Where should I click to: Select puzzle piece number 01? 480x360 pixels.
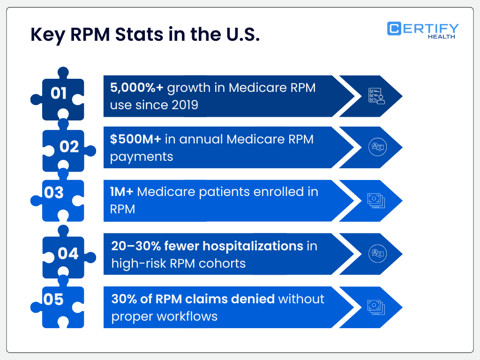coord(59,94)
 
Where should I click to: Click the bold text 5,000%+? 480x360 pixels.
coord(136,88)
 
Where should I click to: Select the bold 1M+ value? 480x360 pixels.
coord(122,192)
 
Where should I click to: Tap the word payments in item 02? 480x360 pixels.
coord(142,156)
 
